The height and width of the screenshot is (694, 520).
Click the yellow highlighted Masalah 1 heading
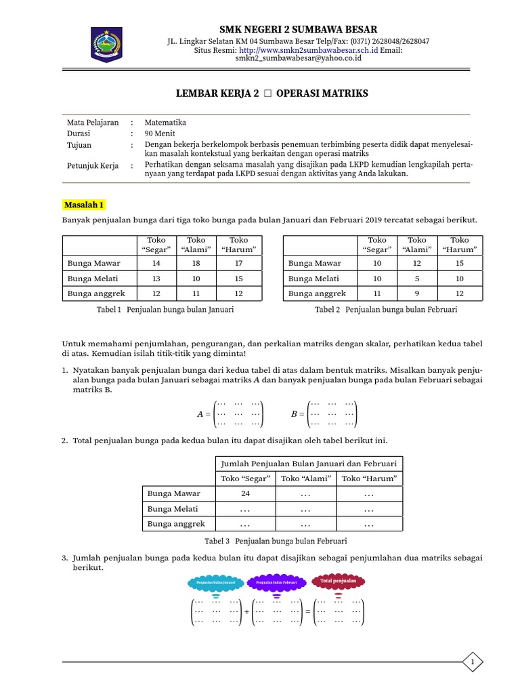[84, 204]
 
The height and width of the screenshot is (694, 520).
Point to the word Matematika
[165, 123]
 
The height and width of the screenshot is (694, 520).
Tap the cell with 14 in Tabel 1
[156, 263]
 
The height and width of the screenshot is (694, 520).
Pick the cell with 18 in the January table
[196, 263]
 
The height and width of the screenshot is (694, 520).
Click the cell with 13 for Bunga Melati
[156, 279]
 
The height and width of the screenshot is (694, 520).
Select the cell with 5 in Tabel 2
[417, 279]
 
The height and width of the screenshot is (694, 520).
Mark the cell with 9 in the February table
[417, 293]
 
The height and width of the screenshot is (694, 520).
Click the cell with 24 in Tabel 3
[246, 493]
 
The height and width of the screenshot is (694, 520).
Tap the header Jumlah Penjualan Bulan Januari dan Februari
[309, 464]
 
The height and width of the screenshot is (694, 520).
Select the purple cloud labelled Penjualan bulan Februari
[276, 583]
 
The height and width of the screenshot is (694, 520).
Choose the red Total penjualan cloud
[338, 581]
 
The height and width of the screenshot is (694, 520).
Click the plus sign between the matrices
[246, 611]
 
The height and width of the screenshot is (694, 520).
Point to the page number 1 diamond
[473, 661]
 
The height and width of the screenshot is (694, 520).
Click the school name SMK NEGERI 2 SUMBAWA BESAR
[298, 28]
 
